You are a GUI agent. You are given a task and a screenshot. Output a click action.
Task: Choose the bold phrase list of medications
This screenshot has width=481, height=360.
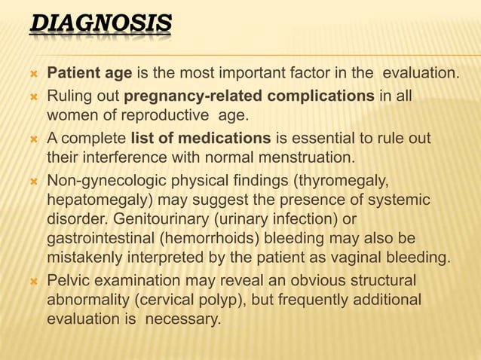coord(201,139)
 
